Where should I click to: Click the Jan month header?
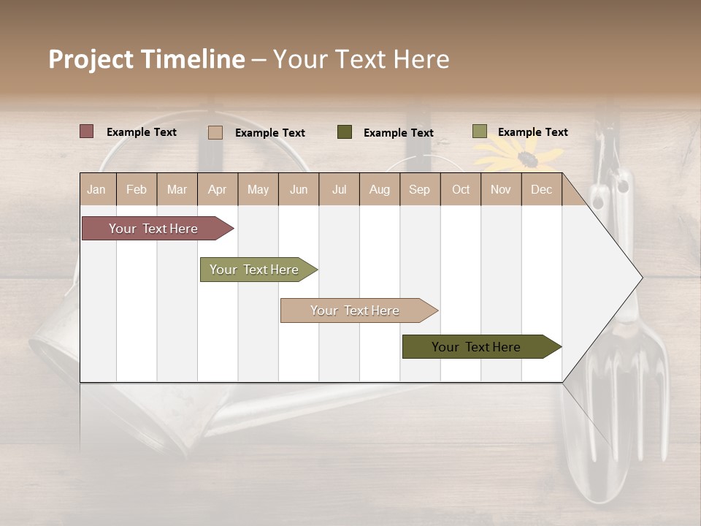(97, 189)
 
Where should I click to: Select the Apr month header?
(218, 189)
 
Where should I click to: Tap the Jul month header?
(339, 189)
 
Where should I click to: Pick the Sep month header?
(419, 189)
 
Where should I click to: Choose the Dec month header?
(541, 189)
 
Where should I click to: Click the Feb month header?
(137, 189)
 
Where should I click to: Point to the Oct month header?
(461, 189)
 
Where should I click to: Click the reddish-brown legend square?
(87, 131)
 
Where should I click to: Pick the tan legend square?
(215, 132)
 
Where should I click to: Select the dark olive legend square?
(345, 132)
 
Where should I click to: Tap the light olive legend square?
(480, 131)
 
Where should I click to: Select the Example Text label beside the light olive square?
(532, 132)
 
